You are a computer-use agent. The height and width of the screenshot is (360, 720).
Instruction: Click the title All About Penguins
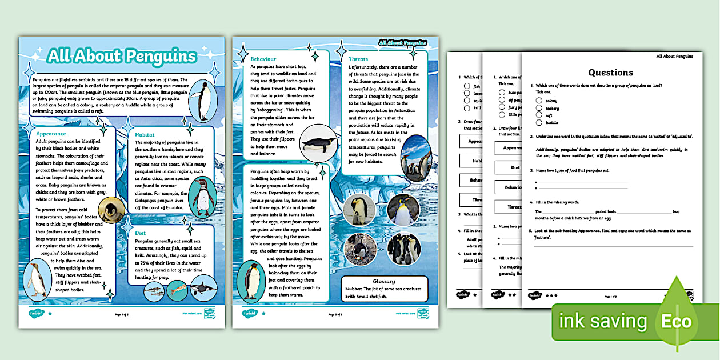click(122, 56)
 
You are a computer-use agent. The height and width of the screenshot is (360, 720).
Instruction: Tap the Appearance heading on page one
click(51, 133)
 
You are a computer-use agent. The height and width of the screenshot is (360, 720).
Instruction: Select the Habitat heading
click(145, 134)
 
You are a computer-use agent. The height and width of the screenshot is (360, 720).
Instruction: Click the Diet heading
click(141, 233)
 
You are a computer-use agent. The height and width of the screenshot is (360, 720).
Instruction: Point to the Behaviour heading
click(263, 59)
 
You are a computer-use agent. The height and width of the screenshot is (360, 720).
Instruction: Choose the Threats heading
click(358, 59)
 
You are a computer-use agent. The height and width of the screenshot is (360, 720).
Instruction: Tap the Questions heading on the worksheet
click(610, 73)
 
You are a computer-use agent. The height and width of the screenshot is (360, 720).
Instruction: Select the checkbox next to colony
click(539, 101)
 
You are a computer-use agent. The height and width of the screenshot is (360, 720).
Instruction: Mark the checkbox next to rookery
click(539, 108)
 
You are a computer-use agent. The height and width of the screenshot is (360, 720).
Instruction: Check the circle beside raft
click(539, 115)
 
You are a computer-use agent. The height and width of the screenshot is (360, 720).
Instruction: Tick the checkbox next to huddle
click(539, 122)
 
